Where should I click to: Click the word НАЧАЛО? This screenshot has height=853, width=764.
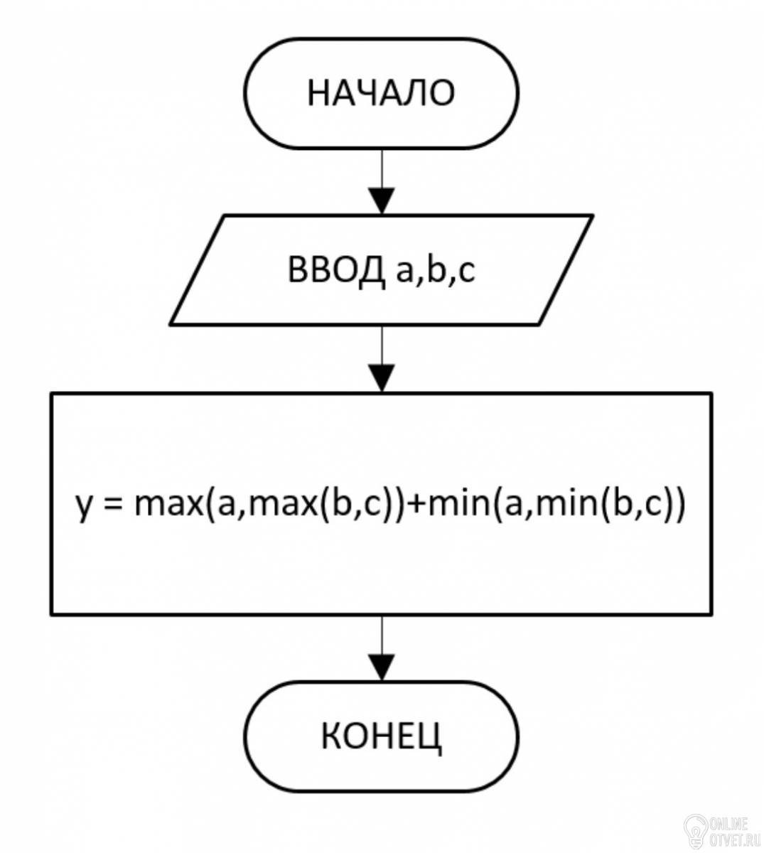click(382, 93)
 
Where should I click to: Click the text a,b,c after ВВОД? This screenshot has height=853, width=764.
click(436, 272)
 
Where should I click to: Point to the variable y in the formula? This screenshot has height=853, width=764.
click(85, 508)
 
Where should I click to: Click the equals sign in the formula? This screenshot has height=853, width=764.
click(113, 504)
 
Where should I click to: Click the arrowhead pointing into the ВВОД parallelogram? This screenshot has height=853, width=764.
click(382, 201)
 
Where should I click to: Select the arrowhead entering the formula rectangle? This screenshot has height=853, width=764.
click(382, 378)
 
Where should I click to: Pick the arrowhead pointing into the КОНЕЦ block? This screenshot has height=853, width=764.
click(382, 667)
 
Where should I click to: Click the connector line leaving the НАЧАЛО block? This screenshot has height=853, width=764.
click(382, 169)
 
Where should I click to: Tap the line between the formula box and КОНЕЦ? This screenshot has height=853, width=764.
click(382, 635)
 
